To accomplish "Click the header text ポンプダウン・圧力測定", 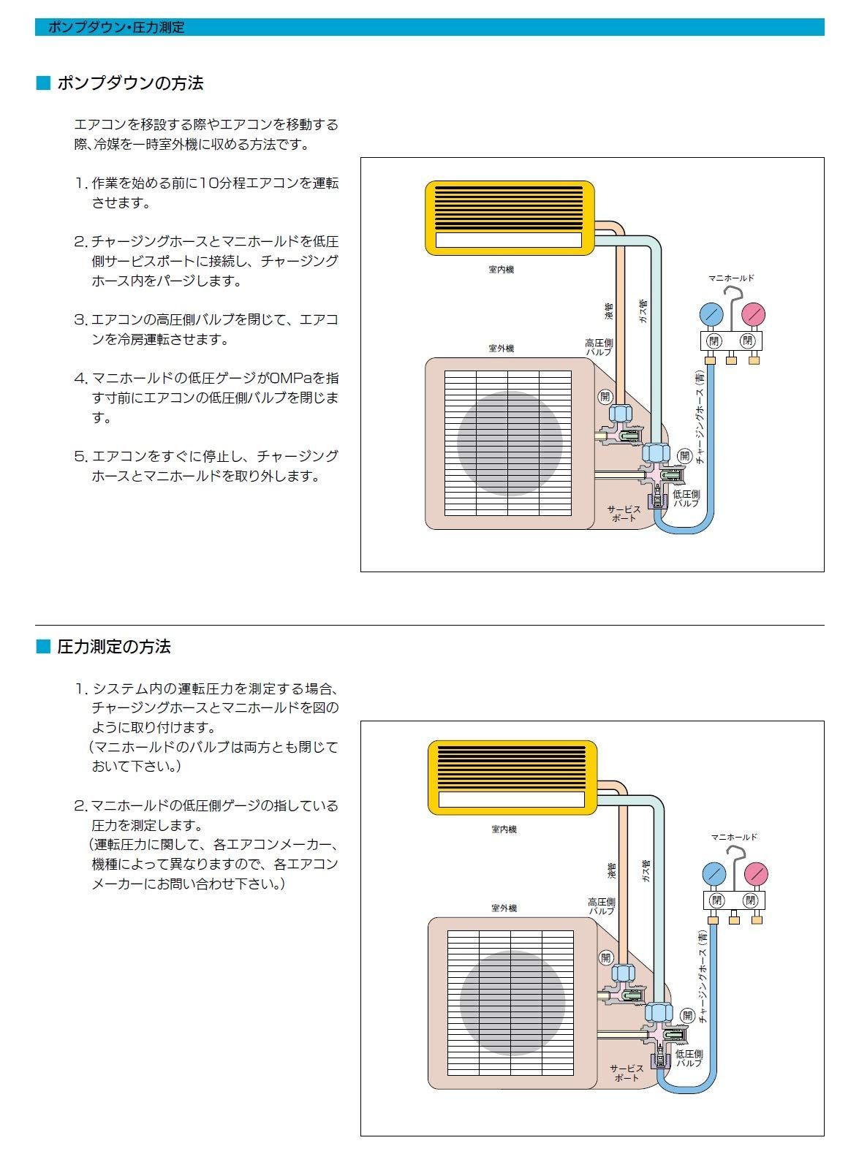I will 116,28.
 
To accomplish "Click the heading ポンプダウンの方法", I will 130,83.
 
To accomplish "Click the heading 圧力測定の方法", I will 114,647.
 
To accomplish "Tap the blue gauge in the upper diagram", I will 711,315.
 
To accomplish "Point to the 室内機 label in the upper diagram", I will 502,270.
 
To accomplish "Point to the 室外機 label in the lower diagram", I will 504,908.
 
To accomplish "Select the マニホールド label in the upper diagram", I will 730,278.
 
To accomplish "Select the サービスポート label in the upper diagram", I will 624,514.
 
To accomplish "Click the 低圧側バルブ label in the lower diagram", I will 689,1058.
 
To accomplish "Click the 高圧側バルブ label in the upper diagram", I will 599,347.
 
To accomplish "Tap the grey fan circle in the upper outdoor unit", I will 510,443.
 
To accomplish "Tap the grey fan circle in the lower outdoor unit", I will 512,1003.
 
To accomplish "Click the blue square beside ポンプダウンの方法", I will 43,83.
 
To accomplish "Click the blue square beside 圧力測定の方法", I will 43,647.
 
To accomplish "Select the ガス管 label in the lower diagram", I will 646,871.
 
